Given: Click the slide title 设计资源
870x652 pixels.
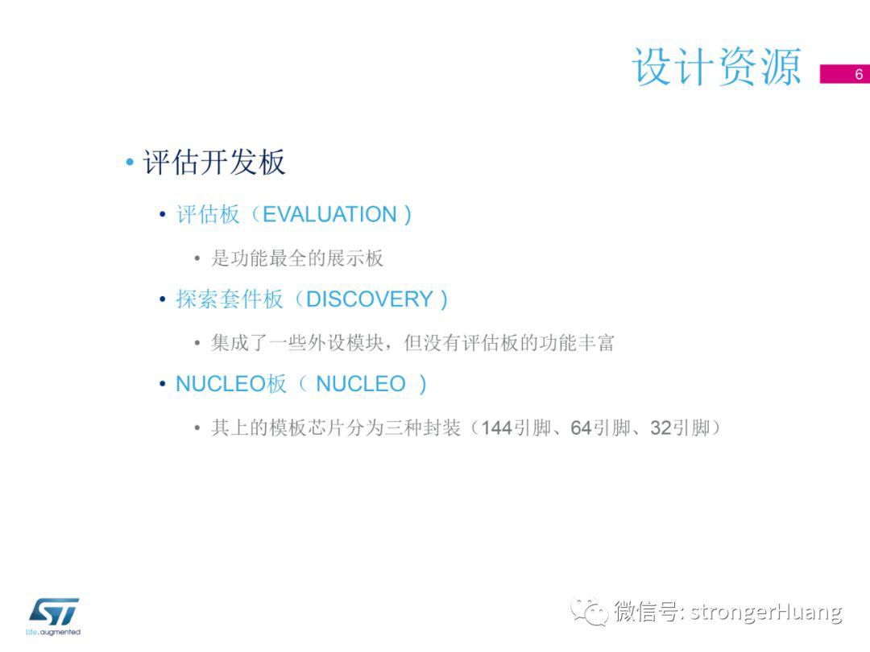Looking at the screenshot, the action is tap(716, 67).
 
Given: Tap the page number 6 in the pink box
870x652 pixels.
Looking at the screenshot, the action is tap(859, 74).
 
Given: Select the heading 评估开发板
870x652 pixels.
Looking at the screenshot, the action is tap(214, 163).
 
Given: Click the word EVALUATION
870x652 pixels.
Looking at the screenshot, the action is tap(329, 215).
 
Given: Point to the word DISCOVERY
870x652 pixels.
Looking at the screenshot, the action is tap(370, 299).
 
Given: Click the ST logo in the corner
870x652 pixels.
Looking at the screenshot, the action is tap(53, 612).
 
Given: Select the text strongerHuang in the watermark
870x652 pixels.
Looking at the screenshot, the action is tap(766, 612).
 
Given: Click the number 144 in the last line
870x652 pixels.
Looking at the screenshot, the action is tap(496, 428).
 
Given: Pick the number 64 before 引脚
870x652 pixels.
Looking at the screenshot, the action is tap(581, 428).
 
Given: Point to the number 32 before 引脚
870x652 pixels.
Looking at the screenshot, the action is tap(661, 428).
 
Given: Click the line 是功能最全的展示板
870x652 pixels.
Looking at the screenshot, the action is tap(296, 258).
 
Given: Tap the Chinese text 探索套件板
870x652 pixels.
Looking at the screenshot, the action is tap(230, 299).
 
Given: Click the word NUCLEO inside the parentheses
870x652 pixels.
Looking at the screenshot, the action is tap(361, 384).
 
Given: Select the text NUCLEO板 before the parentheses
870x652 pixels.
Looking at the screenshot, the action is tap(231, 384).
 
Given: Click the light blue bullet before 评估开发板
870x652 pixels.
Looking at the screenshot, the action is tap(130, 163).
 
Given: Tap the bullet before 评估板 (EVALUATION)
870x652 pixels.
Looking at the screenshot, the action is tap(162, 215).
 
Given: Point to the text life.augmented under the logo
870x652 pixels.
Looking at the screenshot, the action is tap(53, 632).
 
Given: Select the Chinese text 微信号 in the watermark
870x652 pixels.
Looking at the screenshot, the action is tap(646, 612).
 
